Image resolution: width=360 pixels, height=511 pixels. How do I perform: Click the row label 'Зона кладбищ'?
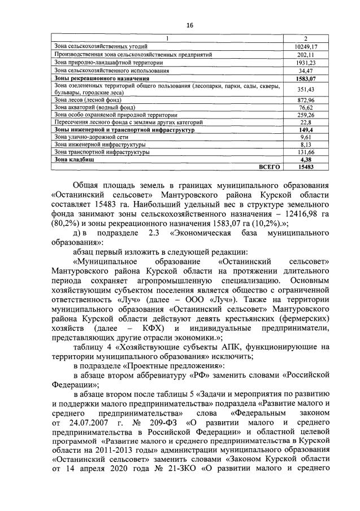(x=73, y=159)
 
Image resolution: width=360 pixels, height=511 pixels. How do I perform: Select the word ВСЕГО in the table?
(x=268, y=167)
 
